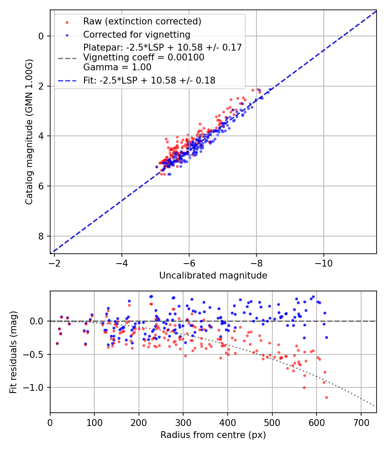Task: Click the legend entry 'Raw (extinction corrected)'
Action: (x=142, y=21)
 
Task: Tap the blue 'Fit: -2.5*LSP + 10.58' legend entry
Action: (x=149, y=80)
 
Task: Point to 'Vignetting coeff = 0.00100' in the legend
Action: (x=144, y=57)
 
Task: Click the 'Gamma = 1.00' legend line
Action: (x=117, y=67)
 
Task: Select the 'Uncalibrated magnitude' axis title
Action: (x=213, y=276)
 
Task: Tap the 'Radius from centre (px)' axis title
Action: (x=213, y=435)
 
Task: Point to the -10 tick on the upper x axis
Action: (x=323, y=262)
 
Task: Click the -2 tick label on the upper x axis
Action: (x=54, y=262)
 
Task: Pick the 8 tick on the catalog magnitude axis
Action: (x=42, y=236)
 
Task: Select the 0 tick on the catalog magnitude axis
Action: (x=42, y=36)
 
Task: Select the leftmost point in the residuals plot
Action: (x=57, y=343)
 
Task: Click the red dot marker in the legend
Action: (x=67, y=21)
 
